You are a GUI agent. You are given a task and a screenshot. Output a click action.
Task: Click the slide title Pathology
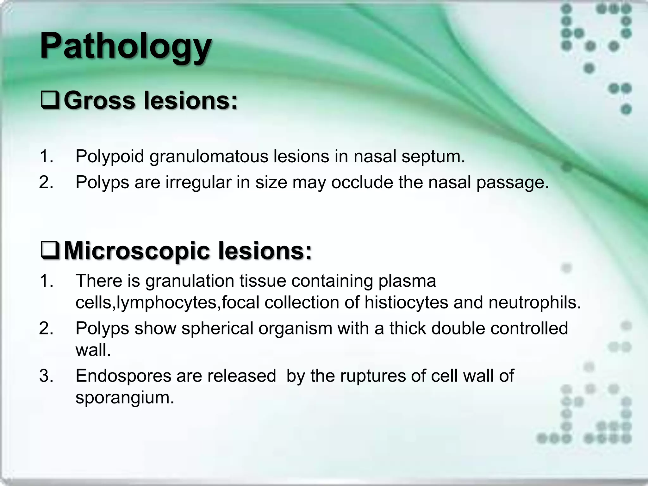[126, 47]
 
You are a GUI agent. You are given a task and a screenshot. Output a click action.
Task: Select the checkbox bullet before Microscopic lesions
[50, 251]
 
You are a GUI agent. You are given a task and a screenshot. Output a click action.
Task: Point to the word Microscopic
[137, 251]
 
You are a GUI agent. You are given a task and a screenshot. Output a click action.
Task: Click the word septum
[433, 157]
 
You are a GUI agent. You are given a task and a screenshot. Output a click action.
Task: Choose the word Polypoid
[109, 157]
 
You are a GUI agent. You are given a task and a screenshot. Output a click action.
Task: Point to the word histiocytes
[406, 303]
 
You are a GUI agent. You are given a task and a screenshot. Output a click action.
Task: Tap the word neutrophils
[535, 303]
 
